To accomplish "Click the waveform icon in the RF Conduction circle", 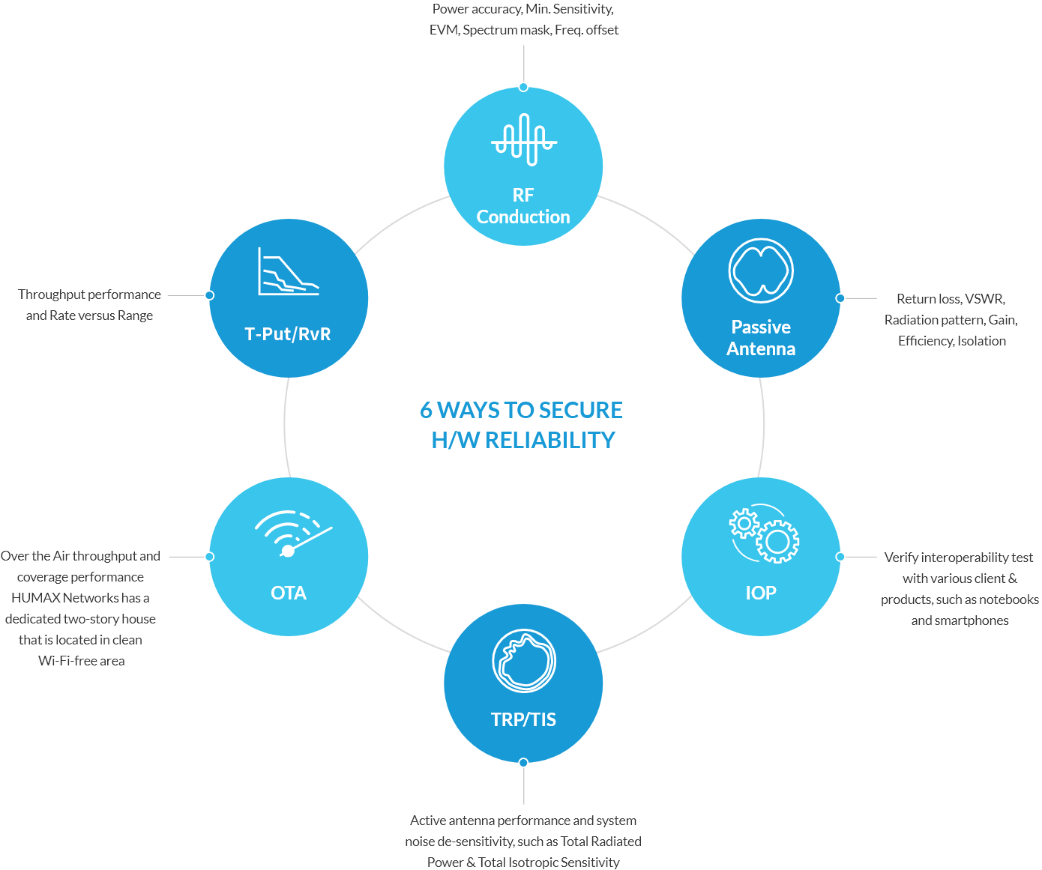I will tap(523, 139).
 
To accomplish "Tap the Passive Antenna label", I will tap(761, 338).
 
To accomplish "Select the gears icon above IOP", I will tap(765, 533).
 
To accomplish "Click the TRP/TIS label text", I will tap(523, 720).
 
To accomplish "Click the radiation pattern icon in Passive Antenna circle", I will tap(761, 271).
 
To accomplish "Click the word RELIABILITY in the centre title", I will tap(550, 441).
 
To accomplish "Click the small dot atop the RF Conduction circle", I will tap(523, 87).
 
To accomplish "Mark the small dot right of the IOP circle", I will tap(840, 557).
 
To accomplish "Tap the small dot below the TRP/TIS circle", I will tap(523, 763).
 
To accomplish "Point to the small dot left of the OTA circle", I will tap(209, 557).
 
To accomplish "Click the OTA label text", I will tap(289, 593).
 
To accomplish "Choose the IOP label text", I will tap(761, 593).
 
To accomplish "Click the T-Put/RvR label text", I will tap(288, 334).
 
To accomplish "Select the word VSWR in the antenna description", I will tap(984, 299).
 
